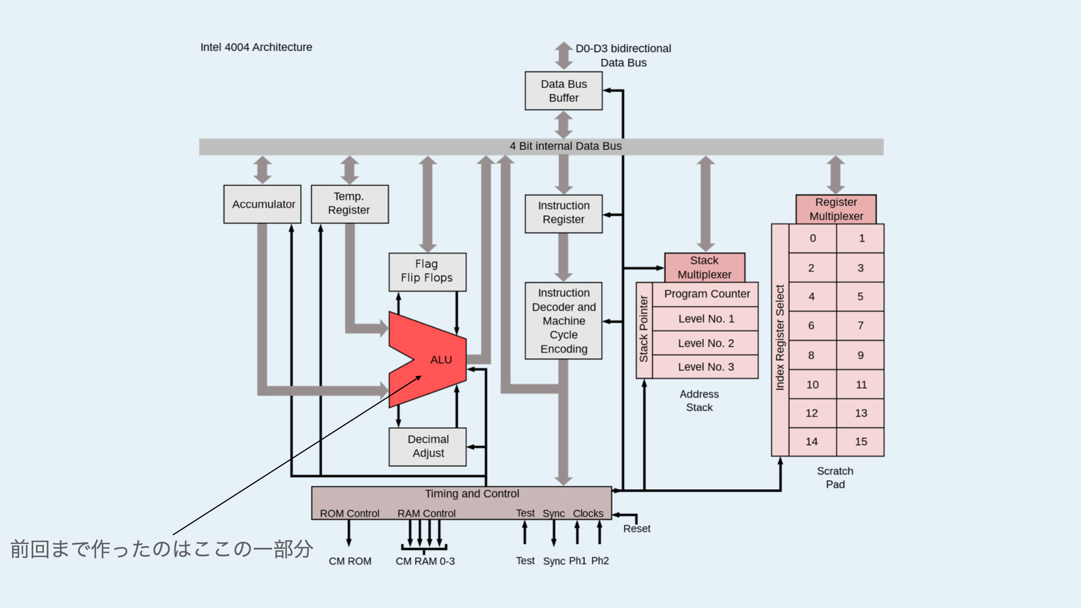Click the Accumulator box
(262, 204)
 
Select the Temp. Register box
(350, 204)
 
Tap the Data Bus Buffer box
(564, 91)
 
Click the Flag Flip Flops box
(427, 271)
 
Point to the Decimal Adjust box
(428, 446)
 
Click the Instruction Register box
(564, 213)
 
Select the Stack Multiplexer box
(704, 267)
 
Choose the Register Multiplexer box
(836, 209)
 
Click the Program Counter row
(707, 294)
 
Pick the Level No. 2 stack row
(705, 343)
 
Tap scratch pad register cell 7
(860, 325)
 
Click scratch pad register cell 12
(812, 413)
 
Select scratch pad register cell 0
(812, 238)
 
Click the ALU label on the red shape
(441, 360)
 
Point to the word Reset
(637, 529)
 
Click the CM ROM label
(350, 561)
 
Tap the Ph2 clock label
(600, 561)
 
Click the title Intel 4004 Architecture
(256, 47)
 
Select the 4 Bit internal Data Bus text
(565, 146)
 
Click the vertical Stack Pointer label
(644, 329)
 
